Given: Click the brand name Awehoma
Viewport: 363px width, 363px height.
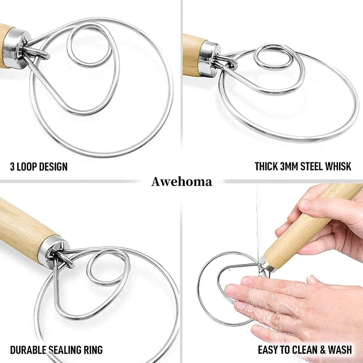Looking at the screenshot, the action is pyautogui.click(x=181, y=182).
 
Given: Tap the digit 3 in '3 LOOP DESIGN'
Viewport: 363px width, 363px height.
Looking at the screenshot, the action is pyautogui.click(x=12, y=167).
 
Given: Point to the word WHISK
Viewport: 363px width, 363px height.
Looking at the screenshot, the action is pyautogui.click(x=338, y=166).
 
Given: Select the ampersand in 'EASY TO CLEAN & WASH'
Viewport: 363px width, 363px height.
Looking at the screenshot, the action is pyautogui.click(x=323, y=349).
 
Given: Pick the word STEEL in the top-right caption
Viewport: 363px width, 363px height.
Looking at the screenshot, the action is pyautogui.click(x=312, y=166).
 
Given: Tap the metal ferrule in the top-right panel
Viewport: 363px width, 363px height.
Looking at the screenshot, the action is pyautogui.click(x=209, y=59).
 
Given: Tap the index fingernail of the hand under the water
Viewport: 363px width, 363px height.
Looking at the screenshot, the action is pyautogui.click(x=231, y=289).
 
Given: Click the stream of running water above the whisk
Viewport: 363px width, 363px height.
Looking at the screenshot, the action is pyautogui.click(x=258, y=222).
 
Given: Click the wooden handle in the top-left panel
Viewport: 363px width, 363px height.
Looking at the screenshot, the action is pyautogui.click(x=5, y=46).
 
